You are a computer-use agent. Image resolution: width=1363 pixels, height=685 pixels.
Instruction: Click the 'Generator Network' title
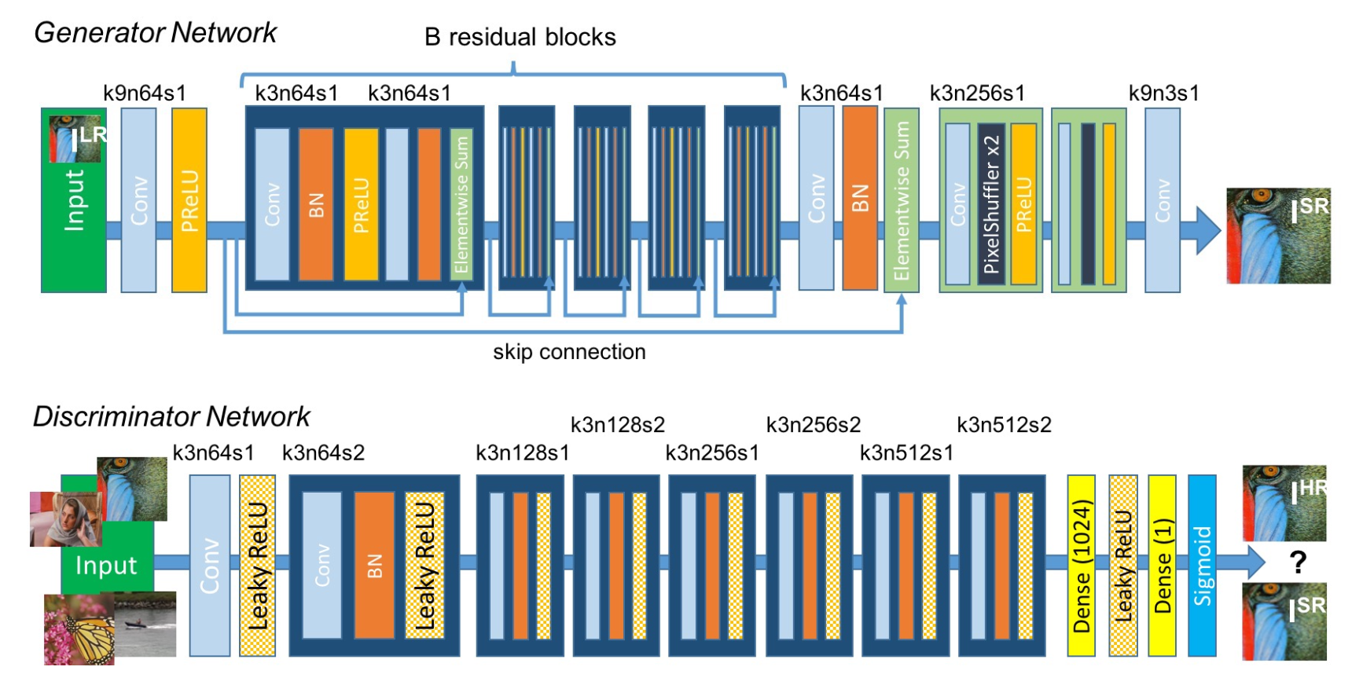(155, 33)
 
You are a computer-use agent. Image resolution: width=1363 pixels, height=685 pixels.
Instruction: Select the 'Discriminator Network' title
(171, 416)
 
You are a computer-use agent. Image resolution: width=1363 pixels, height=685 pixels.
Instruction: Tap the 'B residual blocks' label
(520, 37)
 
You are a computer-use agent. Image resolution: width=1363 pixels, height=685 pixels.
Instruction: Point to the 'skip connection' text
(569, 352)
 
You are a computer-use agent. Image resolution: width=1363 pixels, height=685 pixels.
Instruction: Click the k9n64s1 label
(145, 93)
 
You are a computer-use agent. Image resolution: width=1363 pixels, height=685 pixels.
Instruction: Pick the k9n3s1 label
(1163, 93)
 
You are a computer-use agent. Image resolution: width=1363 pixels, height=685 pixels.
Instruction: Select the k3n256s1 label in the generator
(977, 93)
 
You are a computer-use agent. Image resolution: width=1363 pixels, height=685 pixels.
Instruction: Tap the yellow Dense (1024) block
(1081, 565)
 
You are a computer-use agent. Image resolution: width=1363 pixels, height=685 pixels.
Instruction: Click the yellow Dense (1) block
(1162, 565)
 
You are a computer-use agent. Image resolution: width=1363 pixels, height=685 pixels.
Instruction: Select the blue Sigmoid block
(1202, 565)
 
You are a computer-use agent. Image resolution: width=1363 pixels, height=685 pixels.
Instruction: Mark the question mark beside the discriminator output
(1298, 562)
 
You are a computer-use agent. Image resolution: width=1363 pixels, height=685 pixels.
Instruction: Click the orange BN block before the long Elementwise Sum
(860, 198)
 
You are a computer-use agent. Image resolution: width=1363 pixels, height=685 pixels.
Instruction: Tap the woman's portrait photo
(66, 519)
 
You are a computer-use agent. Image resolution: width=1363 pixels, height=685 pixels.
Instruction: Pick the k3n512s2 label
(1004, 425)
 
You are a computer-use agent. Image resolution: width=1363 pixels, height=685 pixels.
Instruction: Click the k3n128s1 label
(522, 453)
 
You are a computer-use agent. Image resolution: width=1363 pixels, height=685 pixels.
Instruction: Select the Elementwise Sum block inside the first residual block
(461, 204)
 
